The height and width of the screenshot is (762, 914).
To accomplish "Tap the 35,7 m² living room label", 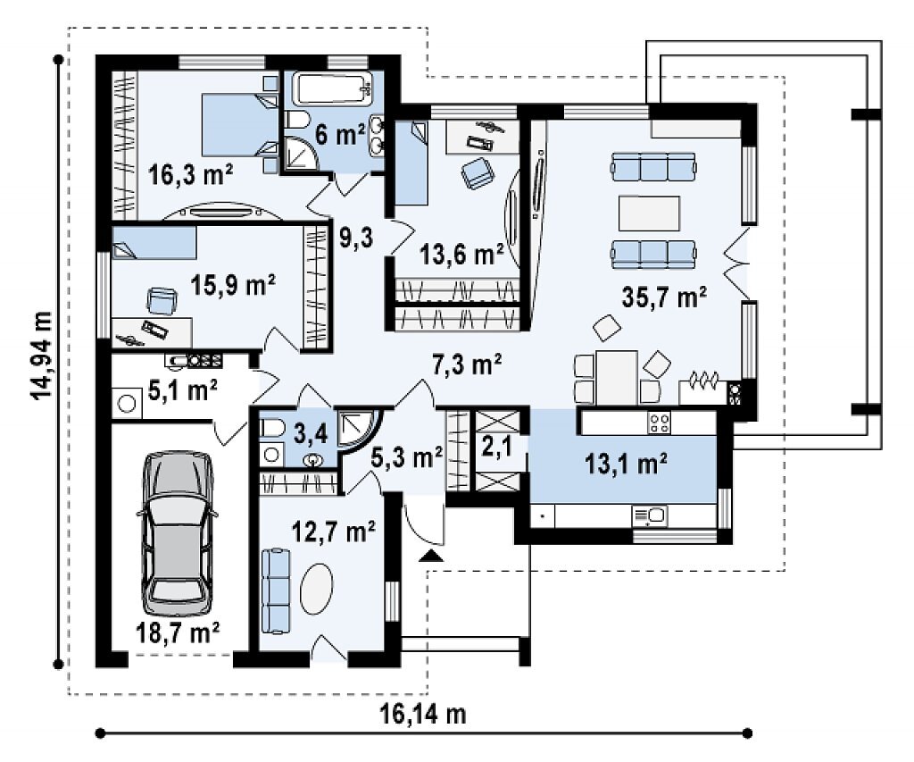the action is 664,297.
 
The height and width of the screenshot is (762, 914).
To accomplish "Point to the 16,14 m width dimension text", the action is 423,713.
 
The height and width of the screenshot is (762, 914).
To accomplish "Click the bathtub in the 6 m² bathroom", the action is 332,88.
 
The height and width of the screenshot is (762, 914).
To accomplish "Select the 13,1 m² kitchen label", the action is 626,464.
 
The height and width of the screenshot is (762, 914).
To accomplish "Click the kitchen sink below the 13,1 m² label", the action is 650,515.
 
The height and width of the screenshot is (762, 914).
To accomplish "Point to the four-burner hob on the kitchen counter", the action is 659,423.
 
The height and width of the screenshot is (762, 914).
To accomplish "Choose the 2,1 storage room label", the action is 496,448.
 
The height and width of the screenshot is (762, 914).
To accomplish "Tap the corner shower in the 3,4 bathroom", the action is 359,433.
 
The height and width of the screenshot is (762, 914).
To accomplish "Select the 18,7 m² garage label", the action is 178,632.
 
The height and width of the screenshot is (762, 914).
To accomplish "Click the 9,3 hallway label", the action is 355,238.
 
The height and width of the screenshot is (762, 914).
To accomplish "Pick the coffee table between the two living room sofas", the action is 650,214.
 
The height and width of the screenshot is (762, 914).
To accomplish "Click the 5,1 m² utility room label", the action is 182,390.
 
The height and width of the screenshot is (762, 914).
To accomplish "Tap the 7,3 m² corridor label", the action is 467,364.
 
